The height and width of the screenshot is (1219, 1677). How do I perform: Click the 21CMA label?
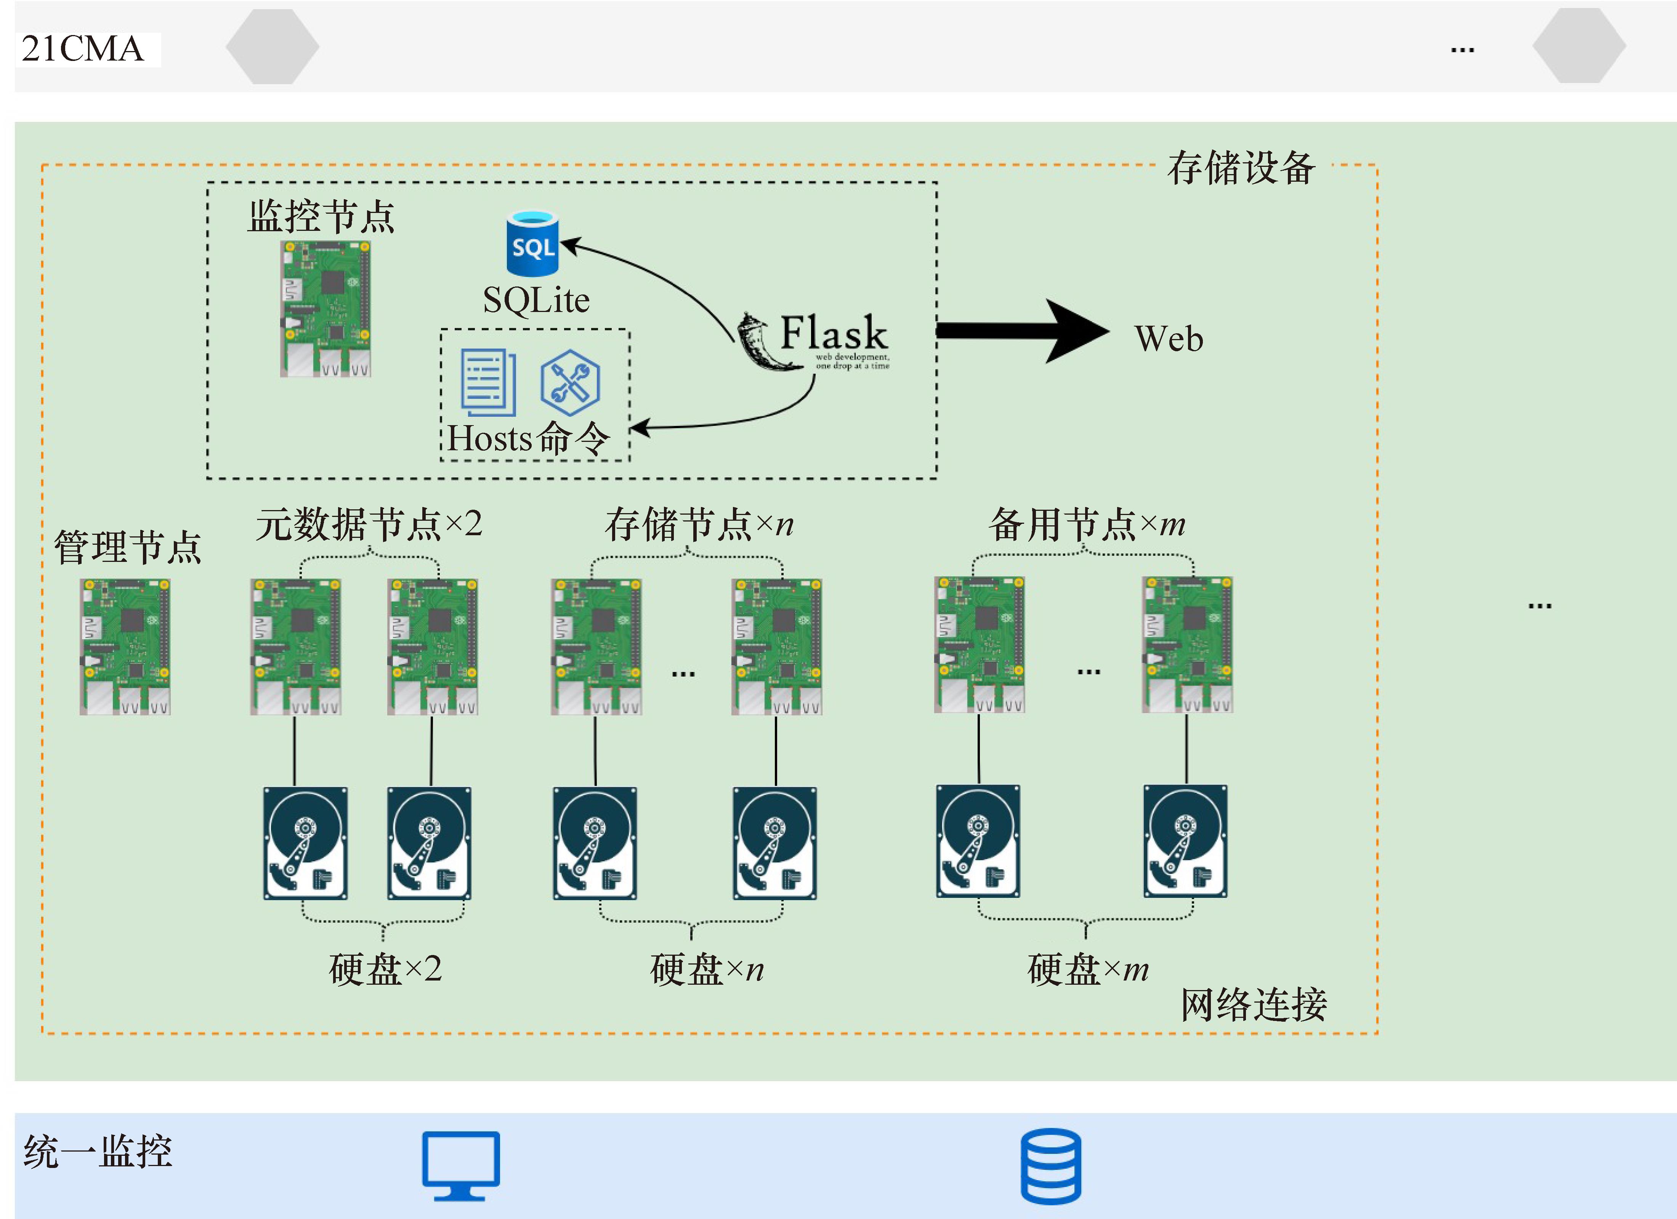coord(83,49)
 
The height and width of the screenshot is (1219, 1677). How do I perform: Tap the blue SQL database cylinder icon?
coord(532,244)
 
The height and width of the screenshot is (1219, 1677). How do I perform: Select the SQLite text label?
coord(536,300)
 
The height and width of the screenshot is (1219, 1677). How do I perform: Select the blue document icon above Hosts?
coord(488,382)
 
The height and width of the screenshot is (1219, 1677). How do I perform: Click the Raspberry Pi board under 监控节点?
coord(325,309)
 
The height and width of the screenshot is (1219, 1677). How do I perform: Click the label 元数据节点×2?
coord(368,524)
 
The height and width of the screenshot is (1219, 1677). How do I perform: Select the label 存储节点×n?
coord(699,524)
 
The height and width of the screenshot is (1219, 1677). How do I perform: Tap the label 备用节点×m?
coord(1087,524)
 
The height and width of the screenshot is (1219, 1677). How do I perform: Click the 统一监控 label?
coord(98,1151)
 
